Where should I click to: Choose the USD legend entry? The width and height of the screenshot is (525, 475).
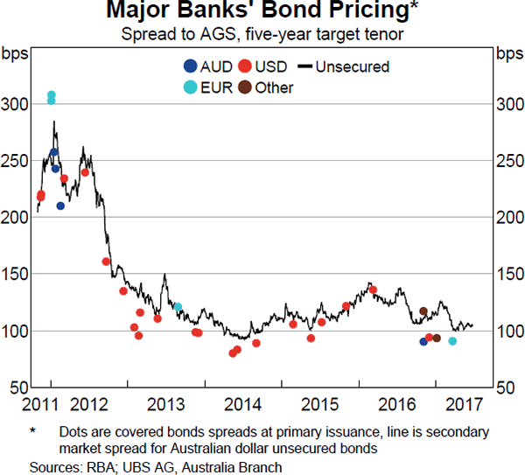click(263, 66)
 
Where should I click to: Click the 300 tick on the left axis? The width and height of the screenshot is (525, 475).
click(17, 104)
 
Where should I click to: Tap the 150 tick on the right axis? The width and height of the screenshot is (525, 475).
click(507, 275)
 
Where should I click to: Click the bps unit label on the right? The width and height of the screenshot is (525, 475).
click(507, 53)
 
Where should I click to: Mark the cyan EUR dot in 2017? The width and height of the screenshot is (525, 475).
click(452, 341)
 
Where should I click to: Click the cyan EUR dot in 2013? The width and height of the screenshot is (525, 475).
click(178, 307)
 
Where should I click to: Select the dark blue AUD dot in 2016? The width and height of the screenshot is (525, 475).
click(423, 341)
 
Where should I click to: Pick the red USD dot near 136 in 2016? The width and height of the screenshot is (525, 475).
click(373, 290)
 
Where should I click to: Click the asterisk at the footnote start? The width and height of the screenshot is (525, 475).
click(32, 430)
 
